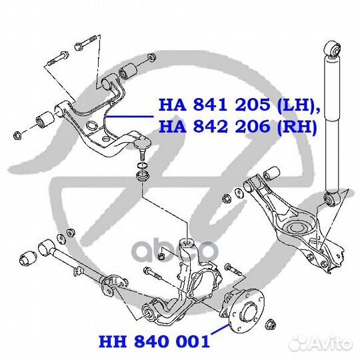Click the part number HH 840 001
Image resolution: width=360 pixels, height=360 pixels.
point(154,341)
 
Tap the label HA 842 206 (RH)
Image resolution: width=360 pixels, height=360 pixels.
point(238,127)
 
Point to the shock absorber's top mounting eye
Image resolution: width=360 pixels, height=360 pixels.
point(333,49)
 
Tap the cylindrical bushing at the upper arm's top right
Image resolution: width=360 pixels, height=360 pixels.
point(127,70)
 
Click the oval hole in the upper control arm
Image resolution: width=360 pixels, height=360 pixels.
point(92,125)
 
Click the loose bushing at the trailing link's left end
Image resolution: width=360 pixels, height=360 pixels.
point(28,259)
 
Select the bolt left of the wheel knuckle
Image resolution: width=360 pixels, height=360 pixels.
point(153,273)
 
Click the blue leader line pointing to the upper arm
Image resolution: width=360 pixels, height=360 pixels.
point(130,117)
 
